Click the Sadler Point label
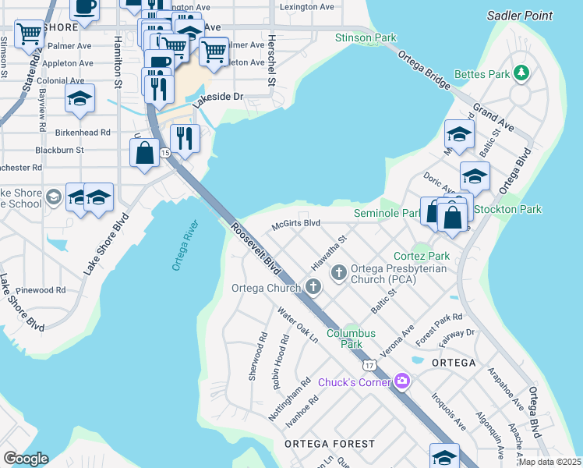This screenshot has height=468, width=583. coord(519,16)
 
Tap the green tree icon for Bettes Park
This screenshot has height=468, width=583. coord(522,74)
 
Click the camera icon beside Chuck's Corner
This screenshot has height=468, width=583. coord(402,381)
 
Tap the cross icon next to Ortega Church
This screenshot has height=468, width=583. coord(313,288)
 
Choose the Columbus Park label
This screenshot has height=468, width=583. coord(351,339)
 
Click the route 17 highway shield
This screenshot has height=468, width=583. coord(369,364)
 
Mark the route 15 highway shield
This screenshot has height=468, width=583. coord(165,154)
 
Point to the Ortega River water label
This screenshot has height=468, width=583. coord(186,246)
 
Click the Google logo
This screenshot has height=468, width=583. coord(25,459)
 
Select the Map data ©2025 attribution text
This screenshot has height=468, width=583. coord(549,462)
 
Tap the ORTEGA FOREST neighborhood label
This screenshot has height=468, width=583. coord(329,444)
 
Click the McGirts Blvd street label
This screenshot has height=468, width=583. coord(295,223)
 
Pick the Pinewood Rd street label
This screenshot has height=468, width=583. coord(44,289)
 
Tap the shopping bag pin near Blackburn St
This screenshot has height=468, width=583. coord(145,153)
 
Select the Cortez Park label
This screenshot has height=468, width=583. coord(422,256)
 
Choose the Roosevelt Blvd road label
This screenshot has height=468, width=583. coord(256,249)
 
